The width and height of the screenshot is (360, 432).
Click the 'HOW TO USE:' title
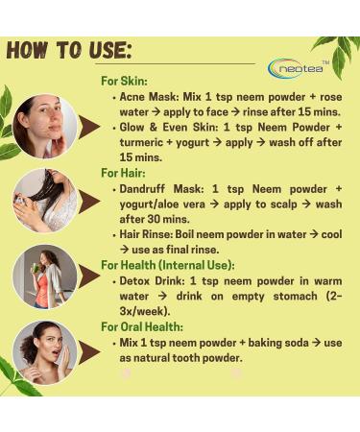pyautogui.click(x=68, y=50)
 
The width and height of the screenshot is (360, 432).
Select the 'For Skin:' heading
pyautogui.click(x=126, y=82)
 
